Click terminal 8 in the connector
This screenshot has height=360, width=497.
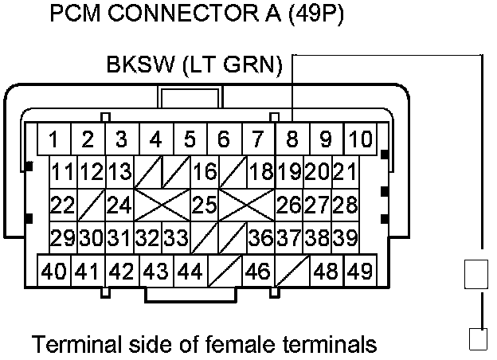coord(292,140)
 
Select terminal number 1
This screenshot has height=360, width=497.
coord(53,140)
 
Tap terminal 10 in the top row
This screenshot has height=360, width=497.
coord(360,140)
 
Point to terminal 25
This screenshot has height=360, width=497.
coord(205,205)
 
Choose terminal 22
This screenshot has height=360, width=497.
coord(62,205)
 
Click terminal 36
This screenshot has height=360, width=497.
coord(260,237)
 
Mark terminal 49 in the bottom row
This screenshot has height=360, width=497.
coord(360,271)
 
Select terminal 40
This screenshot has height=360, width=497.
coord(54,271)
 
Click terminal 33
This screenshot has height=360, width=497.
coord(176,237)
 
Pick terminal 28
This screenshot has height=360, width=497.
coord(345,205)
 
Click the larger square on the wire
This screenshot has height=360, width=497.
coord(476,274)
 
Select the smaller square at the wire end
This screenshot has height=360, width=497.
coord(476,338)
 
